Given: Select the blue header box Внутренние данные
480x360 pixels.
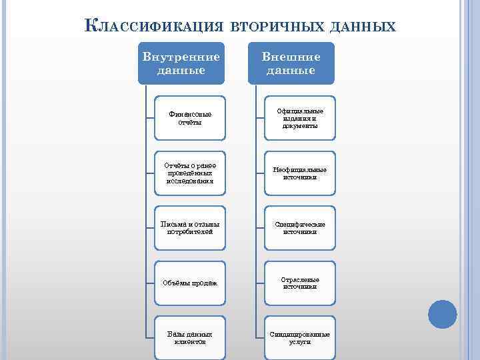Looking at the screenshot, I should [x=181, y=63].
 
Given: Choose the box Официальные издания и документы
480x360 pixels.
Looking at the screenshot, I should [x=300, y=118].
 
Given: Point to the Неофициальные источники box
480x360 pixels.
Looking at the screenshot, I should [x=300, y=173].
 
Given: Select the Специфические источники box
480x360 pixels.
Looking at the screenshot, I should [x=300, y=227].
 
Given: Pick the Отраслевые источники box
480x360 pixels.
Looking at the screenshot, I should [x=300, y=283].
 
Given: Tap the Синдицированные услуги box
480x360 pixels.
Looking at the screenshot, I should [x=300, y=337].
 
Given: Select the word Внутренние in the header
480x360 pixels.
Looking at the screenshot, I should [x=181, y=57].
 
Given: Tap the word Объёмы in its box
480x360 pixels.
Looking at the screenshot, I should [x=175, y=283].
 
